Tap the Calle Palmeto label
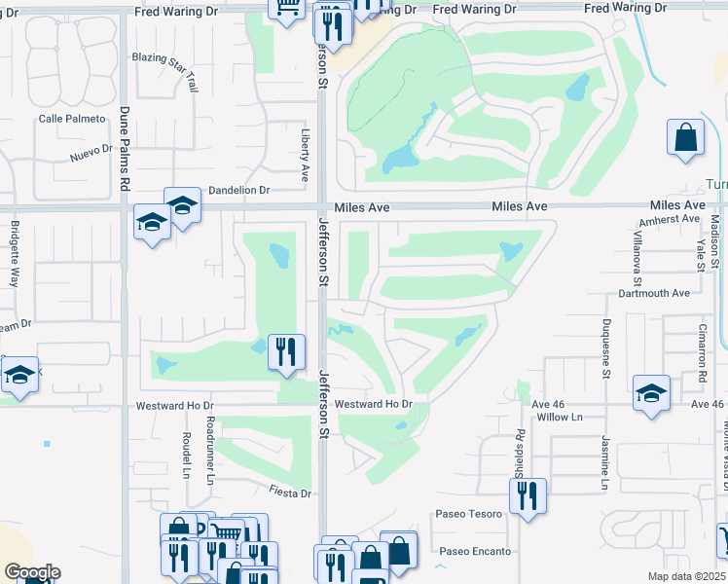coord(71,119)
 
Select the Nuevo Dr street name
coord(91,157)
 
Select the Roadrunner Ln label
coord(210,451)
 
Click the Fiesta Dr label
coord(291,493)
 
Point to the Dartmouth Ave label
coord(654,293)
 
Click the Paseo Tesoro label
coord(469,514)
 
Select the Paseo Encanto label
coord(474,551)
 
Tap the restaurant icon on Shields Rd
coord(527,495)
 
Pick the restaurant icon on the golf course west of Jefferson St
coord(286,351)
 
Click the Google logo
coord(32,572)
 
